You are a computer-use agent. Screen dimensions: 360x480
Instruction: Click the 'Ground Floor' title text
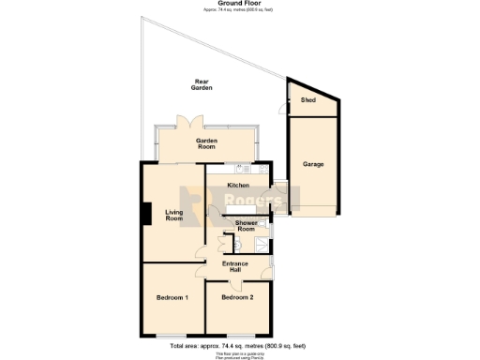[239, 4]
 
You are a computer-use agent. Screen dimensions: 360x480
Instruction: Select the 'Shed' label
[307, 99]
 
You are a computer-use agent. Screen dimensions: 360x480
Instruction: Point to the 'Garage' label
[313, 164]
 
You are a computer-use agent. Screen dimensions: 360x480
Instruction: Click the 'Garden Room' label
[206, 143]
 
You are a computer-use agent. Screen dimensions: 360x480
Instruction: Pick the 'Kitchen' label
[238, 186]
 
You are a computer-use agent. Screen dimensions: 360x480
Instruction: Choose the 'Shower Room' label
[246, 226]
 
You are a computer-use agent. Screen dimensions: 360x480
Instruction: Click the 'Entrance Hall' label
[235, 267]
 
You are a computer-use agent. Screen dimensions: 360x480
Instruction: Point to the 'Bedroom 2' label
[237, 297]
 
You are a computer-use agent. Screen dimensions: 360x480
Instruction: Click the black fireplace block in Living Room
[144, 213]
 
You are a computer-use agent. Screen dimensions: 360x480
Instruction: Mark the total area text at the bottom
[239, 346]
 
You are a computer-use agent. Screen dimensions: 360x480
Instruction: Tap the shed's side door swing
[283, 109]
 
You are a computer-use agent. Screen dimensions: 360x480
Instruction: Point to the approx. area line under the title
[239, 10]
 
